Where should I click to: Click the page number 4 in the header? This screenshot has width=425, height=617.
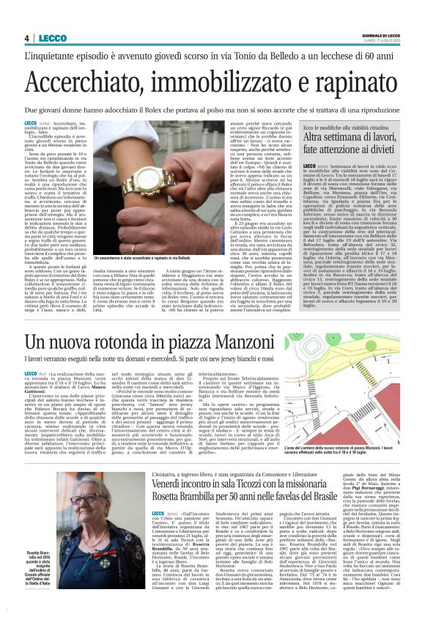[x=26, y=38]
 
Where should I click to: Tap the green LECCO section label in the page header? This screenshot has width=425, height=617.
[x=48, y=38]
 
